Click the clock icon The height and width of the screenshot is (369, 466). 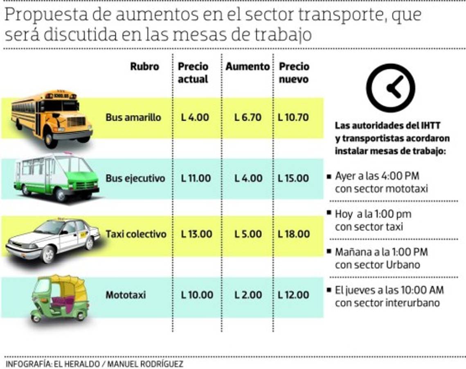pos(390,88)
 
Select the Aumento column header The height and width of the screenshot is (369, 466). pos(247,66)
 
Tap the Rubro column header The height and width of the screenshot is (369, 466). pos(144,66)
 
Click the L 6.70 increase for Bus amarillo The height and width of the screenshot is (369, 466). pos(248,117)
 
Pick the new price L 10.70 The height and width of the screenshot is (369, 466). pos(293,117)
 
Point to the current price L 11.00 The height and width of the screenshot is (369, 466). pos(196,178)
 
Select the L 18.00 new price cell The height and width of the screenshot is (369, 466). pos(293,234)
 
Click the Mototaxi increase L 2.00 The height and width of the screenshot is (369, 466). pos(248,295)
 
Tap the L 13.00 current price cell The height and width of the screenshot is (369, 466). pos(196,234)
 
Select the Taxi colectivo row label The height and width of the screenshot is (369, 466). pos(136,234)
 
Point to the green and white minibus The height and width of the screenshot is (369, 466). pos(56,176)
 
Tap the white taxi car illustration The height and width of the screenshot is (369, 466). pos(52,239)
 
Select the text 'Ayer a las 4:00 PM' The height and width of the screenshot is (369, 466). pos(377,176)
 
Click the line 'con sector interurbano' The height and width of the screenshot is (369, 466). pos(387,303)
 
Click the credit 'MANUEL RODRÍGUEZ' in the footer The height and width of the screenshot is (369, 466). pos(145,364)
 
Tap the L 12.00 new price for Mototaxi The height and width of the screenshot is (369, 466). pos(293,295)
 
